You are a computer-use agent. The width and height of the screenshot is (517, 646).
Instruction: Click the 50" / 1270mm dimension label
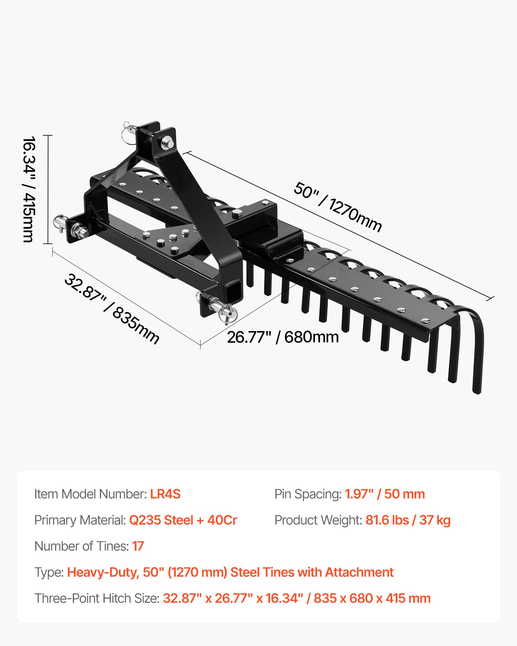338,207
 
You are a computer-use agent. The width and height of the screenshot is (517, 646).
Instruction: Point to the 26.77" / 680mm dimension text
283,337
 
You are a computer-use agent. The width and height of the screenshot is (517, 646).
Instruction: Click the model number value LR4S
165,494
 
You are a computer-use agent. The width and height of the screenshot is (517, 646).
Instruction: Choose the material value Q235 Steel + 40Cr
183,520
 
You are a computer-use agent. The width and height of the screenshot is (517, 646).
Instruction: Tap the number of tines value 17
138,546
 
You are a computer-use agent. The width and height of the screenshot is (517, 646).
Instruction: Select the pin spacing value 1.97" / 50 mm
385,494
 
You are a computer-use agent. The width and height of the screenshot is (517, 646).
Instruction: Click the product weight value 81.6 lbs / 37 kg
408,520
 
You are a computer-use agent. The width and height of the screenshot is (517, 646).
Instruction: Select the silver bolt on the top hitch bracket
167,142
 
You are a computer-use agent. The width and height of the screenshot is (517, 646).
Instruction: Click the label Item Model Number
90,494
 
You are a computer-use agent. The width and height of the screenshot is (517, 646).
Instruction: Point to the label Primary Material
80,520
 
